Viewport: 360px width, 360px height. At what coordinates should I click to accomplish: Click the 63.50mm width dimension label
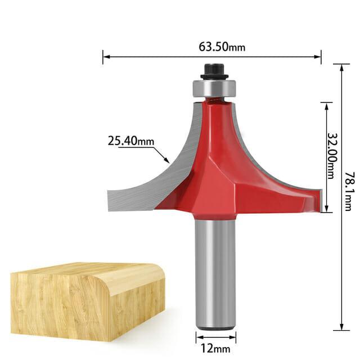coord(222,47)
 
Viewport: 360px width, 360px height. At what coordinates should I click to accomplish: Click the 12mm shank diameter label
coord(217,349)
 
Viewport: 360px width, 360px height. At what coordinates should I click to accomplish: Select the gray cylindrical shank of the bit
coord(215,270)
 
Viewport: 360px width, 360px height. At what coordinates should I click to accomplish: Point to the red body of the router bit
coord(217,163)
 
